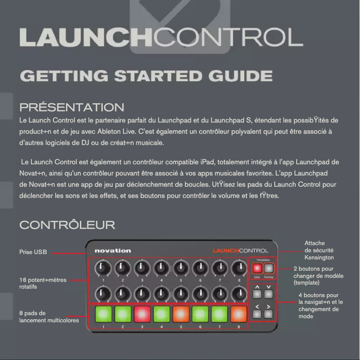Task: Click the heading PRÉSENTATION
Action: (72, 107)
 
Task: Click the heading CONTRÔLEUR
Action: (67, 224)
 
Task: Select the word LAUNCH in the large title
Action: (85, 38)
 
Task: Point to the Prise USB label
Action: (33, 252)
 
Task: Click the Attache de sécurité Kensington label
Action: (319, 250)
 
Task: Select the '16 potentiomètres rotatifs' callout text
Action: (43, 283)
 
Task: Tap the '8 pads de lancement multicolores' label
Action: (48, 316)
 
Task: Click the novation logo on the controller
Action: (113, 250)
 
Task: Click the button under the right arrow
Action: (268, 314)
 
